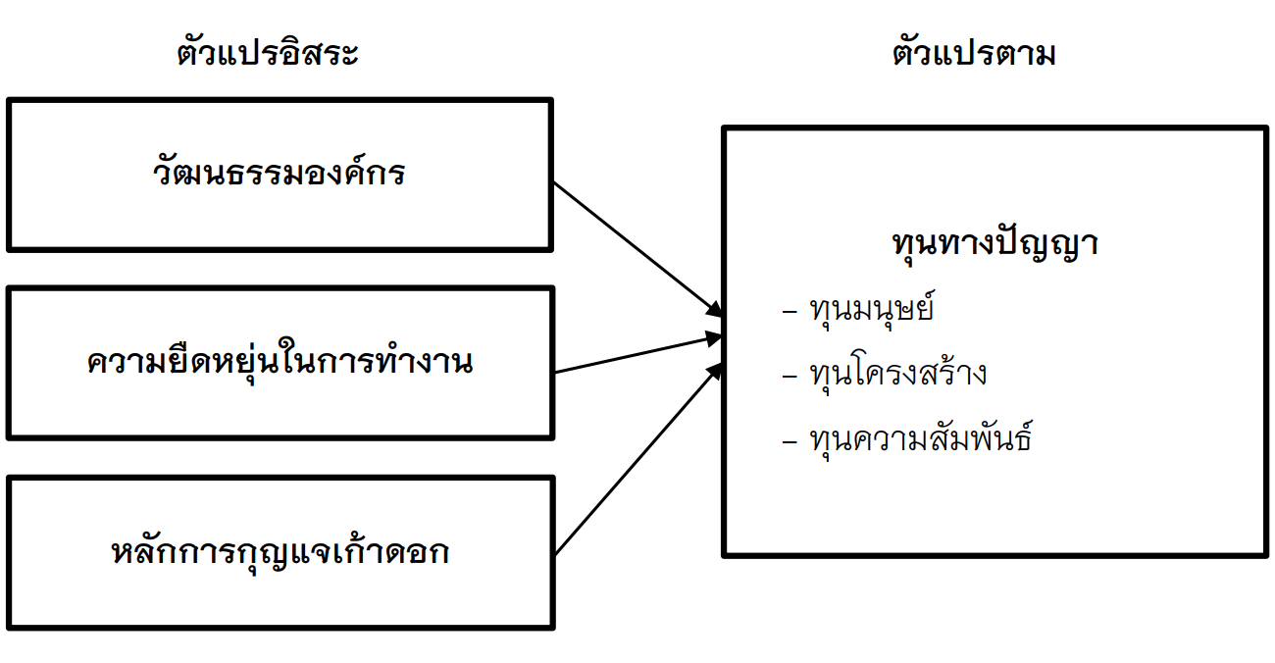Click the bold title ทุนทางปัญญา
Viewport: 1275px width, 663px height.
994,243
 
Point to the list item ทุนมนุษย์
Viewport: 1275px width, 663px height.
872,311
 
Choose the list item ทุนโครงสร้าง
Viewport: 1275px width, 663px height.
897,375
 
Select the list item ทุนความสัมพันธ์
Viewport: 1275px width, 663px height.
920,438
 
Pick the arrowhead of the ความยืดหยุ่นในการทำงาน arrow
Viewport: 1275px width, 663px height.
715,338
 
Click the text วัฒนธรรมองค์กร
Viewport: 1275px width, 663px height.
280,175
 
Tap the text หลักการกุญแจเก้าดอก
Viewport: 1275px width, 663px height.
280,552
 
